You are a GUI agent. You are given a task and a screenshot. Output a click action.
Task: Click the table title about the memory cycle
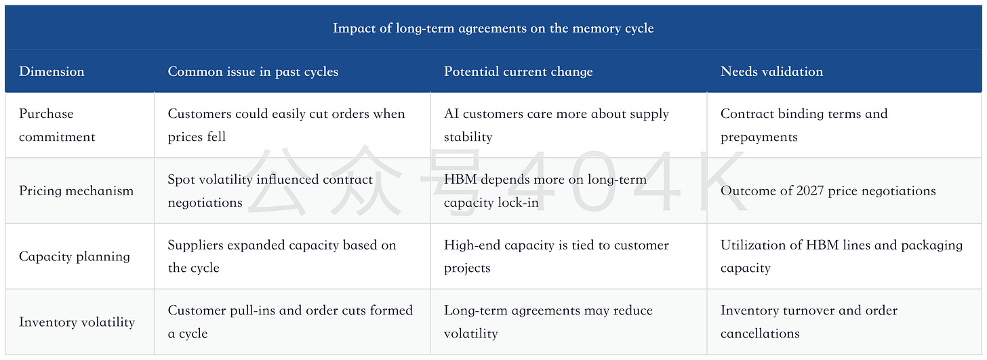493,28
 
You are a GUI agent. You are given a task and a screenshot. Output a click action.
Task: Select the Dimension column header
52,71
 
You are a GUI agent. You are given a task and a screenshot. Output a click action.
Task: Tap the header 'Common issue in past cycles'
253,71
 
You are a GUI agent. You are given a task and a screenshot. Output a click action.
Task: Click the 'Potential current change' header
518,71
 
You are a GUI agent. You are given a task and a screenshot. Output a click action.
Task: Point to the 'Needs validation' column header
771,71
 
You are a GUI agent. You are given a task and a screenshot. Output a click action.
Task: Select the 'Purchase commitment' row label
57,125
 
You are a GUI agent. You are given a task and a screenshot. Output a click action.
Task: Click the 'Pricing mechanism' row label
76,191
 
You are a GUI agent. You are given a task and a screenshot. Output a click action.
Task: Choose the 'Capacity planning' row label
75,256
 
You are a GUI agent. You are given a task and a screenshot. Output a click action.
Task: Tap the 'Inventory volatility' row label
77,322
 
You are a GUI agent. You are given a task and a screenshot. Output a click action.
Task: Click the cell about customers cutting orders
286,125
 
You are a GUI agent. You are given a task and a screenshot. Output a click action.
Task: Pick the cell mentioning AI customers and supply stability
557,125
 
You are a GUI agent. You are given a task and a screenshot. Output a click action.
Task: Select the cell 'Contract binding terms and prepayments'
804,125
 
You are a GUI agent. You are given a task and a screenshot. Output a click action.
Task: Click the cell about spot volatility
270,191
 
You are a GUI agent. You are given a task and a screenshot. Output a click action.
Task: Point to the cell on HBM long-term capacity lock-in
545,191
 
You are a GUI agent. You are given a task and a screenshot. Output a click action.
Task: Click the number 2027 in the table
810,191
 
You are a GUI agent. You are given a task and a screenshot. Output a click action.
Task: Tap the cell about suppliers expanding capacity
282,256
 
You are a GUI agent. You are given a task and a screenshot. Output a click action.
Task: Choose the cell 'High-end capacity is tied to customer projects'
556,256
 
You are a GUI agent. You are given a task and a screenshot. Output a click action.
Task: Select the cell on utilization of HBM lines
842,256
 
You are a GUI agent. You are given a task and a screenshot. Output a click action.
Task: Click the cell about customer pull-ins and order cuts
290,322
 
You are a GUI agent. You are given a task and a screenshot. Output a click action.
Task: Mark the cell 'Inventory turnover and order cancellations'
809,322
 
